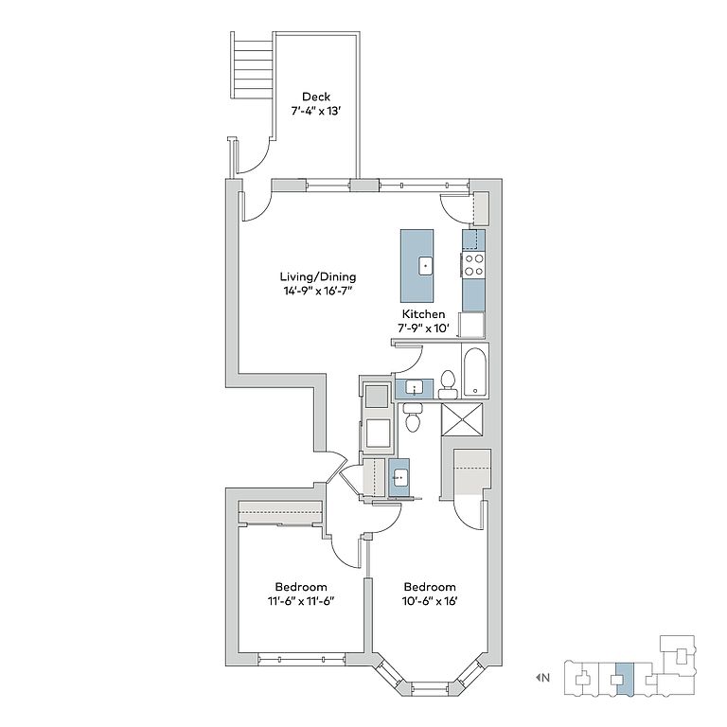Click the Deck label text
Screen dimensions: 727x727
(x=316, y=97)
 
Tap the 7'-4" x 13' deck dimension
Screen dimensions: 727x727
(x=316, y=112)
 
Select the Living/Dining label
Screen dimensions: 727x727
(x=318, y=276)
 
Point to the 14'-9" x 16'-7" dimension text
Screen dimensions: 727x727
(x=318, y=292)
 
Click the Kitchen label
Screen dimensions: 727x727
(x=423, y=314)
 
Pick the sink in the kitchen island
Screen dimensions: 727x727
(x=426, y=266)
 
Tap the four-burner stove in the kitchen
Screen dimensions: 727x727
(x=474, y=265)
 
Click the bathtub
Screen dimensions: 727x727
(x=475, y=371)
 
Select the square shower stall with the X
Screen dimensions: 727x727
(x=462, y=419)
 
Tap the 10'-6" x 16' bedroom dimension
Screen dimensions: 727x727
(x=430, y=601)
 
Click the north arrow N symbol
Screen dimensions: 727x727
(x=543, y=678)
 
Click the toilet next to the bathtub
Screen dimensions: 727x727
(x=448, y=384)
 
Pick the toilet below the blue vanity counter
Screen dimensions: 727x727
(x=412, y=417)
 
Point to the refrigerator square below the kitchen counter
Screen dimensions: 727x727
(x=471, y=325)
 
